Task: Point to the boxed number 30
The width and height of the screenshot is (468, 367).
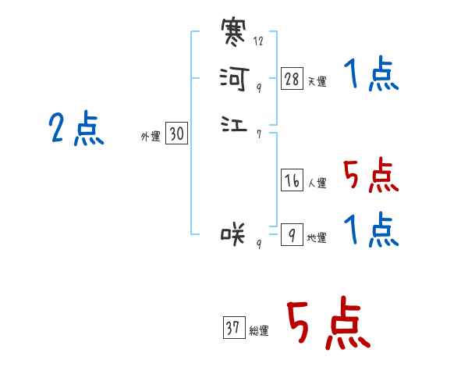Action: pos(176,134)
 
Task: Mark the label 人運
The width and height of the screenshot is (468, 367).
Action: pos(317,184)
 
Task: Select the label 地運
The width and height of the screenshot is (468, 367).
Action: pos(317,238)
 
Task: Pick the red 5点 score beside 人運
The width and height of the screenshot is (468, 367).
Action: pos(371,175)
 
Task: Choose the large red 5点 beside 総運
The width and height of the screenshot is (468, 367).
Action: pos(328,325)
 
